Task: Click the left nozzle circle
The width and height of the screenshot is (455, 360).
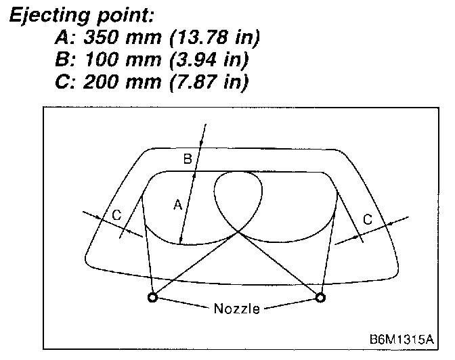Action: tap(153, 296)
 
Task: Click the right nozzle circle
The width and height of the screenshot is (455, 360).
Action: tap(320, 296)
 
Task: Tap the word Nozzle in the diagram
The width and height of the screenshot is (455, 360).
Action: tap(236, 309)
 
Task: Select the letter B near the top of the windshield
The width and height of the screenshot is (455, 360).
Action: tap(188, 159)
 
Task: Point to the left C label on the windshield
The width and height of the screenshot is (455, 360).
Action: tap(116, 215)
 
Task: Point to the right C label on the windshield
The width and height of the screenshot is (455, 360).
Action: tap(368, 219)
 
